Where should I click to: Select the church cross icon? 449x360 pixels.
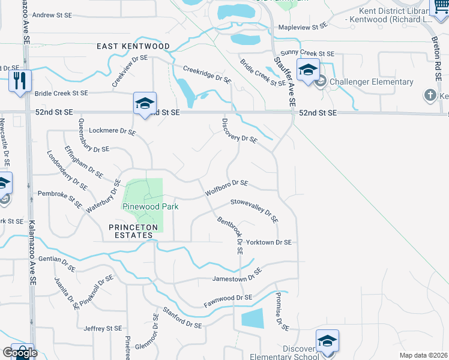430,95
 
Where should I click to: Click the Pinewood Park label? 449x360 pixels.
151,206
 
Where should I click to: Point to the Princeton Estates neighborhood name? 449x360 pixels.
133,232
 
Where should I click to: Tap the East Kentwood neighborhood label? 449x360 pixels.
134,46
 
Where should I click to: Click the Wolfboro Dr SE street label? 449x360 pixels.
226,188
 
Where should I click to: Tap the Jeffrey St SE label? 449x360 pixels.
103,328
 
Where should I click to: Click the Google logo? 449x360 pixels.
19,353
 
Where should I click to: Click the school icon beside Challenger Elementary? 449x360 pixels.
308,70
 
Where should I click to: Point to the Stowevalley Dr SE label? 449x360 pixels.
255,211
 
